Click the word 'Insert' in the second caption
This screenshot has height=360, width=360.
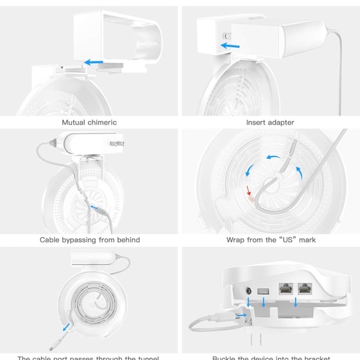256,122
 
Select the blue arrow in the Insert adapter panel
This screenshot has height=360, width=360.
232,45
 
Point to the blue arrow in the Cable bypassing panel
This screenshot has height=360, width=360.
96,210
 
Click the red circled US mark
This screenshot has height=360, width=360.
251,200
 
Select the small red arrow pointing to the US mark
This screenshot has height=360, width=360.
248,190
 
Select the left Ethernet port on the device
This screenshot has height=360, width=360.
286,289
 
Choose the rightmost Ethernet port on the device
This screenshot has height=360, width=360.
305,289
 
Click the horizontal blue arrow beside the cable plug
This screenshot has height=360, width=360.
240,315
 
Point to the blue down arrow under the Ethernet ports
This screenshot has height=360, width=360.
295,302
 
